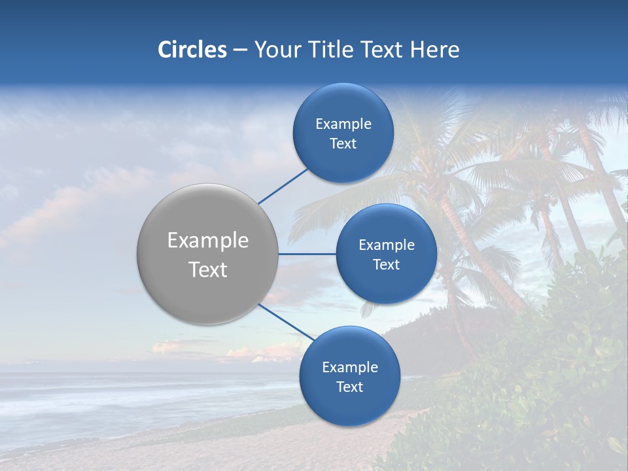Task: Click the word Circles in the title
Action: [x=192, y=49]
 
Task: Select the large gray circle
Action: [x=207, y=254]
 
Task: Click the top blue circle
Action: [x=343, y=133]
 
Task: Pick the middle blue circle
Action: [x=386, y=254]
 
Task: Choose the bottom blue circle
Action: [x=349, y=376]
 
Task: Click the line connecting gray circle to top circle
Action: [x=283, y=185]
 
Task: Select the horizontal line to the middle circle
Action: [x=307, y=254]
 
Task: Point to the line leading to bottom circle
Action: [x=286, y=322]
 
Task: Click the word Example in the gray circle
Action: [x=208, y=240]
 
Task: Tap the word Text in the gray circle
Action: [x=208, y=270]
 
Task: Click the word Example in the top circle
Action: [x=343, y=124]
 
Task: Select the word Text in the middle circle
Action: [x=386, y=264]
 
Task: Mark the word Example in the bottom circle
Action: [x=350, y=367]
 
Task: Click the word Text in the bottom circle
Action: [x=349, y=387]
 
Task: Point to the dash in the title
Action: [x=240, y=50]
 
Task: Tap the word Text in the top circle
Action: [x=343, y=143]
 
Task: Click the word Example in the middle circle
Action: [x=387, y=245]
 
